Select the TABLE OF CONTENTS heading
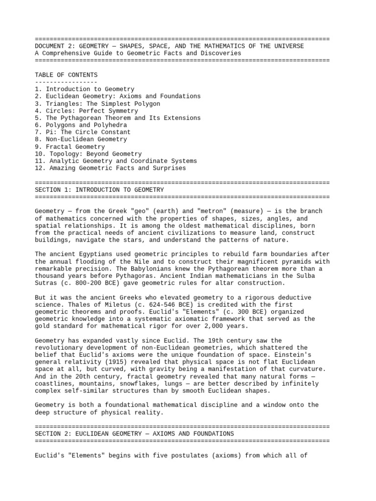66,75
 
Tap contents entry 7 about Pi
83,132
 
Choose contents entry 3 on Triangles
97,104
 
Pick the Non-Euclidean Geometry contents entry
81,139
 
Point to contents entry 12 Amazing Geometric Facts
110,168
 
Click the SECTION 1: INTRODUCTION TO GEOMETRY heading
99,189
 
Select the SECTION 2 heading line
134,434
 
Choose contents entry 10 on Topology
88,154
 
